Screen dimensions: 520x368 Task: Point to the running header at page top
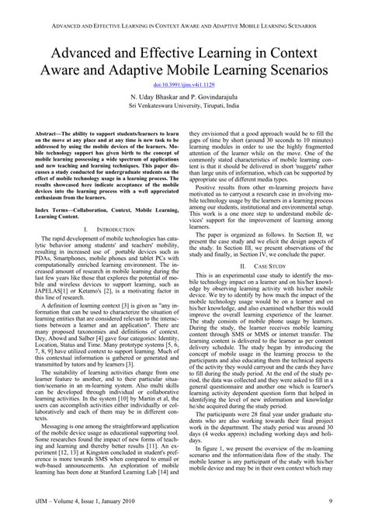(x=184, y=9)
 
